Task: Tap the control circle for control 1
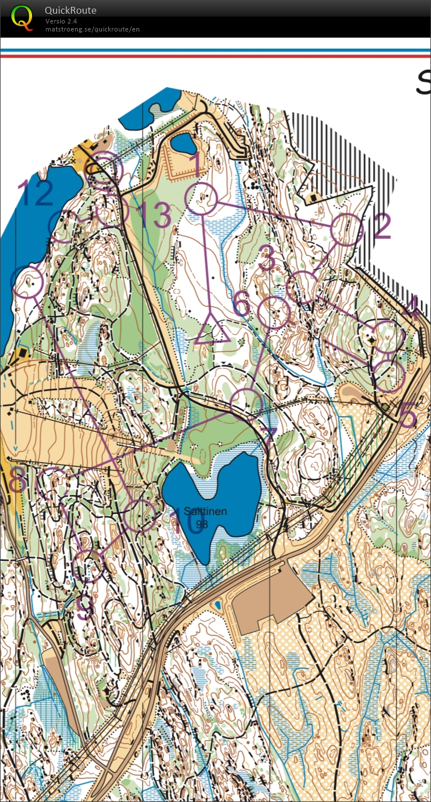tap(202, 200)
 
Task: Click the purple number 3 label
tap(267, 259)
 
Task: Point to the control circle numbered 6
tap(273, 313)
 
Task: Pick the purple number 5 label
tap(408, 416)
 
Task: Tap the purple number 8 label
tap(17, 480)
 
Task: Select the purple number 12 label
tap(36, 192)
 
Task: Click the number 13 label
tap(154, 215)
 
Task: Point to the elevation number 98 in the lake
tap(202, 524)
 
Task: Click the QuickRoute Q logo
tap(22, 17)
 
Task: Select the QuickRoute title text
tap(70, 10)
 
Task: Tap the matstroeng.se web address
tap(92, 29)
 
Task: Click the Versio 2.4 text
tap(61, 21)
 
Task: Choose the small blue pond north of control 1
tap(183, 143)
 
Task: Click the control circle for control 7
tap(247, 404)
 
